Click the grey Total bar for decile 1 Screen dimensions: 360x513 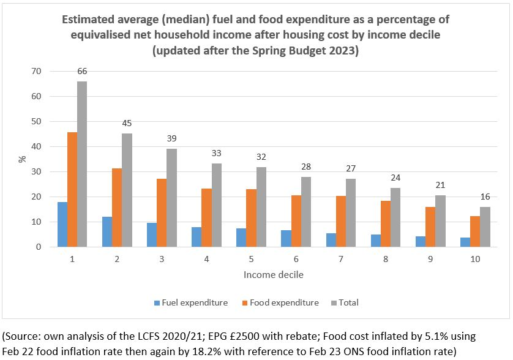(82, 164)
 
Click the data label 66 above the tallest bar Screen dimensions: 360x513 (82, 72)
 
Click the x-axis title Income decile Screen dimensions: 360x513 (274, 274)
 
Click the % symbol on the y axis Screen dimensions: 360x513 (22, 159)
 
